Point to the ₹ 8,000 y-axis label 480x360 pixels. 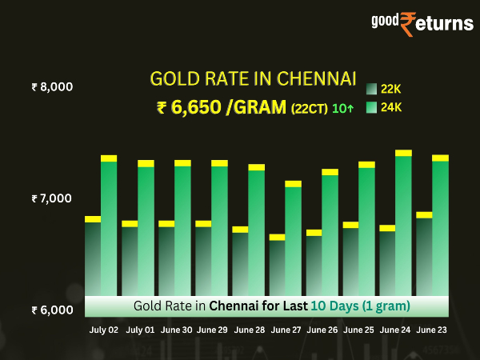(x=52, y=86)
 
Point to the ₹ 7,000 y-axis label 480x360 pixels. (x=52, y=198)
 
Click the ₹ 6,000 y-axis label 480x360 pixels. (x=52, y=310)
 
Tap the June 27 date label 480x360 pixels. (x=286, y=330)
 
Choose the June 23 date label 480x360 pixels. (x=431, y=330)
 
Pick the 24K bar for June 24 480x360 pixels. (x=403, y=224)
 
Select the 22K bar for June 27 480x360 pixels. (x=277, y=268)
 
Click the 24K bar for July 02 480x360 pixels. (x=109, y=228)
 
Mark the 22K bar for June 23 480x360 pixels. (x=424, y=256)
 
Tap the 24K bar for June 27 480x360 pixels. (x=293, y=240)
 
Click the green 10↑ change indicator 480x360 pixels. (x=342, y=109)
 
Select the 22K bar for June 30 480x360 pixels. (x=166, y=260)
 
